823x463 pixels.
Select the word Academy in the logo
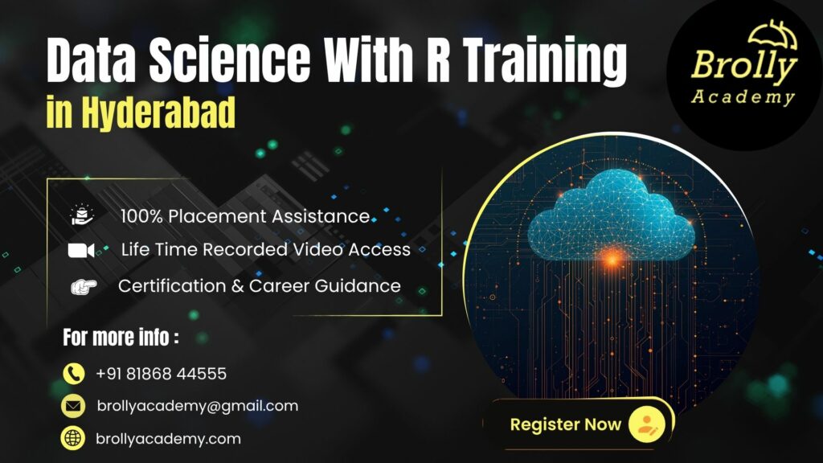pyautogui.click(x=743, y=98)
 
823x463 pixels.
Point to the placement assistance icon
pyautogui.click(x=82, y=215)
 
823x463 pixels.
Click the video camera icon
pyautogui.click(x=81, y=250)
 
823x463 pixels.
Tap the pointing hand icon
pyautogui.click(x=83, y=286)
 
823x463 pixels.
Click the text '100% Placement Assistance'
pyautogui.click(x=245, y=216)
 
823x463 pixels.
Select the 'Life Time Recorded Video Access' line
pyautogui.click(x=265, y=250)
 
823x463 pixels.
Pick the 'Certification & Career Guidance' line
pyautogui.click(x=259, y=285)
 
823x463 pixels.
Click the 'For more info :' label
pyautogui.click(x=121, y=338)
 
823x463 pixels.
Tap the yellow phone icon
pyautogui.click(x=74, y=374)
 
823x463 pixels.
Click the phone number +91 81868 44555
pyautogui.click(x=161, y=374)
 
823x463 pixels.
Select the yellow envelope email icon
pyautogui.click(x=74, y=406)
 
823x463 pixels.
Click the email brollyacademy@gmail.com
pyautogui.click(x=197, y=406)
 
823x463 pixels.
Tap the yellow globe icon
pyautogui.click(x=74, y=439)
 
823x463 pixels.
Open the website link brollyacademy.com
pyautogui.click(x=168, y=439)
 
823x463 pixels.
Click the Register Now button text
pyautogui.click(x=565, y=424)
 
